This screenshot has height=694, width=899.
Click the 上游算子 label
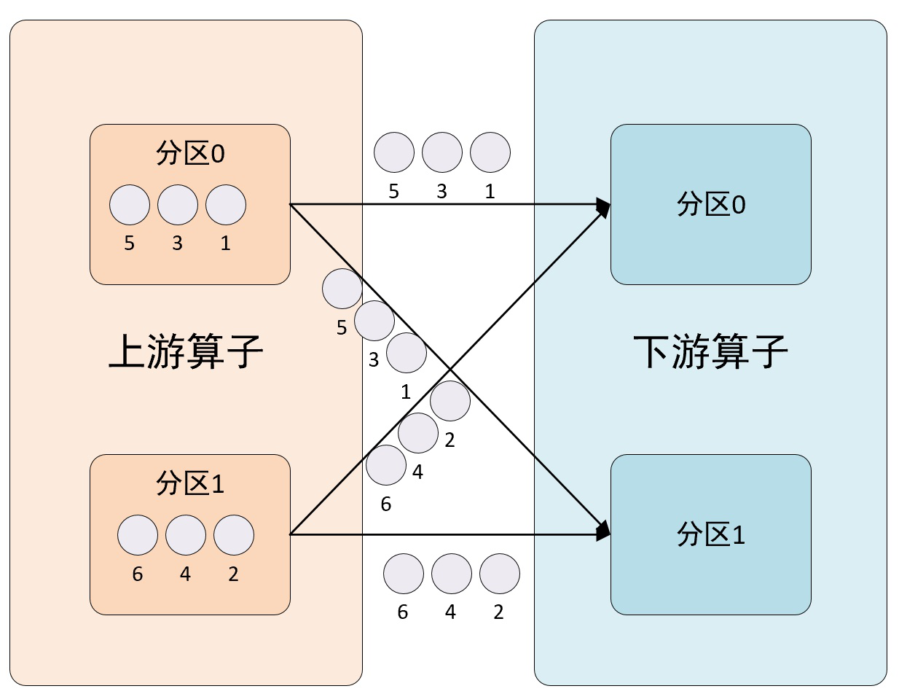tap(186, 353)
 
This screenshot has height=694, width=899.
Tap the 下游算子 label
tap(710, 353)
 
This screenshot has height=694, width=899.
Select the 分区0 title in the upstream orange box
tap(190, 154)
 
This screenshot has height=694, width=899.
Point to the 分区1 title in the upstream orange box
tap(190, 484)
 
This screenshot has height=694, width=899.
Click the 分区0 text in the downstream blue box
tap(711, 205)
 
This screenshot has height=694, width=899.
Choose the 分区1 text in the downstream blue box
tap(711, 536)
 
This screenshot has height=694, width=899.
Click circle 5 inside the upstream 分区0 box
tap(130, 205)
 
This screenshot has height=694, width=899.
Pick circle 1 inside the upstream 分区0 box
tap(226, 205)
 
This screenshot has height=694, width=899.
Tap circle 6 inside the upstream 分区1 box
tap(138, 535)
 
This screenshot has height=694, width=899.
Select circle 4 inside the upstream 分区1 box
tap(186, 535)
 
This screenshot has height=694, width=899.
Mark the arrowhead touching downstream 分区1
tap(603, 531)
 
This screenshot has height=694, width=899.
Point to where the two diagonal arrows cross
tap(448, 370)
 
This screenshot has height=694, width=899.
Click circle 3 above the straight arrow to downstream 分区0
tap(442, 152)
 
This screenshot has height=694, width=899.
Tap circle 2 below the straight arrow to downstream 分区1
tap(500, 574)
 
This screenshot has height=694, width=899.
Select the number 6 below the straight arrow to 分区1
tap(403, 612)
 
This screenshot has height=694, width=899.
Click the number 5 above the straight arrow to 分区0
tap(394, 192)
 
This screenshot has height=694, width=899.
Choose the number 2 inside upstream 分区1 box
tap(233, 574)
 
